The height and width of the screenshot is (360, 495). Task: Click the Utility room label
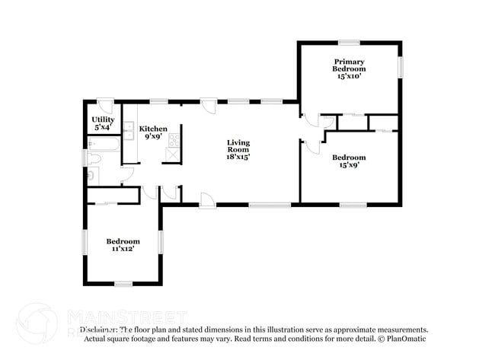pyautogui.click(x=103, y=124)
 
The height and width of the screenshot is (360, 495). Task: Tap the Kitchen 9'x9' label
pyautogui.click(x=153, y=133)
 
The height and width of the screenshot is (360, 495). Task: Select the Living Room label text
pyautogui.click(x=238, y=149)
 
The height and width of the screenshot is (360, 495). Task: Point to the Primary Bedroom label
pyautogui.click(x=348, y=68)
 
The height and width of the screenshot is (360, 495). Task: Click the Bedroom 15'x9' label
pyautogui.click(x=348, y=161)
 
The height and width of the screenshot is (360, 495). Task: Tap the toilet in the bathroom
pyautogui.click(x=92, y=159)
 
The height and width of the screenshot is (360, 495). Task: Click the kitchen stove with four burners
pyautogui.click(x=174, y=139)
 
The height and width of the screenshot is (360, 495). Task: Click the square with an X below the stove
pyautogui.click(x=172, y=155)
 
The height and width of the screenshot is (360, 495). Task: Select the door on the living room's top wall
pyautogui.click(x=209, y=106)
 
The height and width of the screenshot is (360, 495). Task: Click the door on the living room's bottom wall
pyautogui.click(x=206, y=199)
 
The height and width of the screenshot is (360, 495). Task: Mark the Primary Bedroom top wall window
pyautogui.click(x=350, y=42)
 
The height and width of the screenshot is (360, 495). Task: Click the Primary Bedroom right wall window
pyautogui.click(x=400, y=67)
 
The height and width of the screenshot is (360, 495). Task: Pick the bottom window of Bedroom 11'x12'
pyautogui.click(x=123, y=284)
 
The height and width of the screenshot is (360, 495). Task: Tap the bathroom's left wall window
pyautogui.click(x=85, y=158)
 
